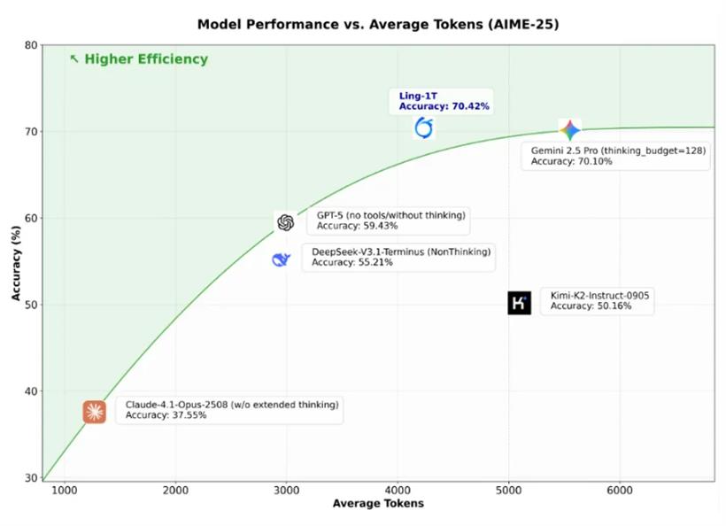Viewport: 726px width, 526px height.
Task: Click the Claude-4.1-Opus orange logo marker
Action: (x=95, y=412)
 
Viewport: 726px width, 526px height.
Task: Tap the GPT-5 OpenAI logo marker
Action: (x=285, y=222)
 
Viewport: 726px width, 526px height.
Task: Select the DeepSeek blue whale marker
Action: (x=281, y=259)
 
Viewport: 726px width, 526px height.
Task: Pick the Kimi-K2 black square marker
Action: (x=520, y=303)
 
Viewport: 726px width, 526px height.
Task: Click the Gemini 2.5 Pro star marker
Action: (x=569, y=130)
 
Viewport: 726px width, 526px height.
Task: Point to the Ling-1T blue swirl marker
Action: (x=424, y=128)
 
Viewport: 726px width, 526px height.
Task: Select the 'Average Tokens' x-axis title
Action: (x=378, y=503)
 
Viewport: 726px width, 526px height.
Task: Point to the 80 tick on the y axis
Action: (x=31, y=45)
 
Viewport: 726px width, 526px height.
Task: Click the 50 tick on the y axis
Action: (x=31, y=305)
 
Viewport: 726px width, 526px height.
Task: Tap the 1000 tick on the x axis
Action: (x=64, y=490)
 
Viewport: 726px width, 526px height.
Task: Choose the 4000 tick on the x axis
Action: (x=398, y=490)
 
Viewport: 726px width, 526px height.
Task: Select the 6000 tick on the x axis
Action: (x=620, y=490)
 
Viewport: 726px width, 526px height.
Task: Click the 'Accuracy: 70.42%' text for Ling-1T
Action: (x=444, y=106)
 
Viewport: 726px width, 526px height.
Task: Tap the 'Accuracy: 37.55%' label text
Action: (x=166, y=414)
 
